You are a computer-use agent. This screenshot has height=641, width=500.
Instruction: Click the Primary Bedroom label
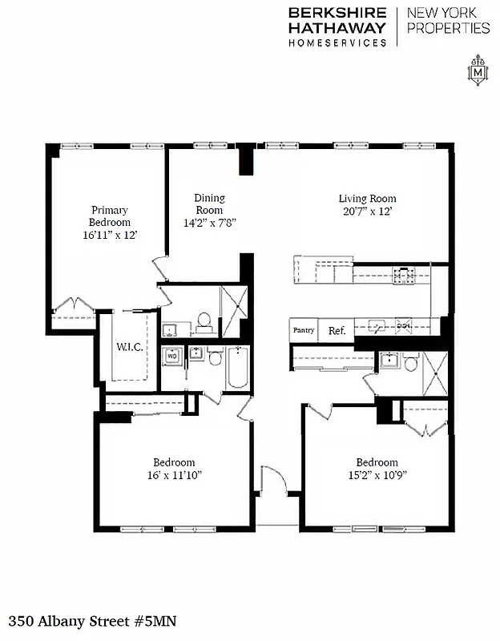(x=109, y=216)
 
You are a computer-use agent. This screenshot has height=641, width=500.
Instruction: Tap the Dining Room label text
(x=210, y=204)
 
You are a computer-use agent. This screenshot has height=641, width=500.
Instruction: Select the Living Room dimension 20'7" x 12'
(x=367, y=212)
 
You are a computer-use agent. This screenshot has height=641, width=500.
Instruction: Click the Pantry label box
(x=304, y=330)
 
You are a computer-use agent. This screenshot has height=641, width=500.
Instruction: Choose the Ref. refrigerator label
(x=336, y=330)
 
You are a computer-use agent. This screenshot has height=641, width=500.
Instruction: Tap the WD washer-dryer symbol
(x=171, y=357)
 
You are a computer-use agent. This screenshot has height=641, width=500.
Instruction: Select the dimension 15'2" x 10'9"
(x=377, y=475)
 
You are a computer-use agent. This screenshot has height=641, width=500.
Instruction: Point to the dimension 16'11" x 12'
(x=109, y=236)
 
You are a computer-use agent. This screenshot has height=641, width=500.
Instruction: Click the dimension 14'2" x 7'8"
(x=210, y=223)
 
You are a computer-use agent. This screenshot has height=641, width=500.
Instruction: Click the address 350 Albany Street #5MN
(x=92, y=621)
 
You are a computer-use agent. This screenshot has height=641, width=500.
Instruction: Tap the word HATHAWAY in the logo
(x=337, y=27)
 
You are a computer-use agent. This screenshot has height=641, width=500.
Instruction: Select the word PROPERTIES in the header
(x=449, y=28)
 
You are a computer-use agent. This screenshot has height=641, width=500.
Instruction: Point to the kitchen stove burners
(x=404, y=275)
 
